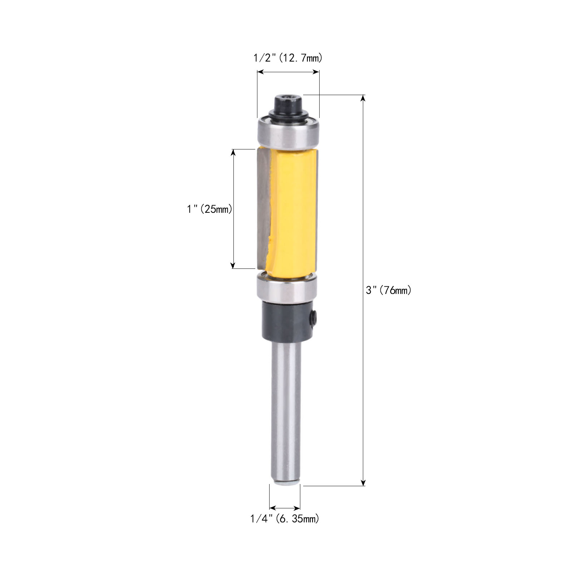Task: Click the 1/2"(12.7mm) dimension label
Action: tap(288, 58)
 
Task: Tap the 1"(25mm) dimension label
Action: tap(209, 209)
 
